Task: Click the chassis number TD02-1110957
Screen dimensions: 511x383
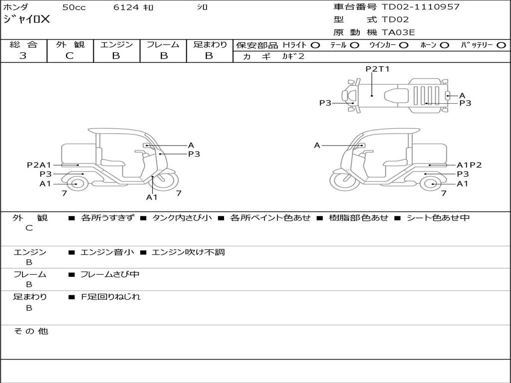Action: point(420,7)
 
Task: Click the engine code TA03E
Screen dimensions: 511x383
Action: point(398,33)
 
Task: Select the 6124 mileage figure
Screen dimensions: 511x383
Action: point(126,7)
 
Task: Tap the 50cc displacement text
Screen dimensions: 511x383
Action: point(73,7)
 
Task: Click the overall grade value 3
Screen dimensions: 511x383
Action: point(23,56)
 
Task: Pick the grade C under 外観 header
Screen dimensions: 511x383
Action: point(70,56)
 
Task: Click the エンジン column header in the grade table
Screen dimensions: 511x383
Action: point(116,45)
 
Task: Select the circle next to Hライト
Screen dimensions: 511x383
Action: point(315,45)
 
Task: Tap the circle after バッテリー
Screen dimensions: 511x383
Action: point(502,45)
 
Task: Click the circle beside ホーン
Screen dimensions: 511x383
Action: point(444,45)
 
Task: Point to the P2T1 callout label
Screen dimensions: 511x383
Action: point(377,69)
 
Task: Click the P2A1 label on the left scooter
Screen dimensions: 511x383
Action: point(39,165)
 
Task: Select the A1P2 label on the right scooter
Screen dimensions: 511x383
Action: point(469,165)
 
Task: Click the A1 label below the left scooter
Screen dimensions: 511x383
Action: point(152,197)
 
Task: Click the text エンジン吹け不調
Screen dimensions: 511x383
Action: point(188,252)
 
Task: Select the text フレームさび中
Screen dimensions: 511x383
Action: point(110,275)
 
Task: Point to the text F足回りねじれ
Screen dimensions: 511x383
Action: point(111,297)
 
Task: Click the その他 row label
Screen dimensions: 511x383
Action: point(31,331)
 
